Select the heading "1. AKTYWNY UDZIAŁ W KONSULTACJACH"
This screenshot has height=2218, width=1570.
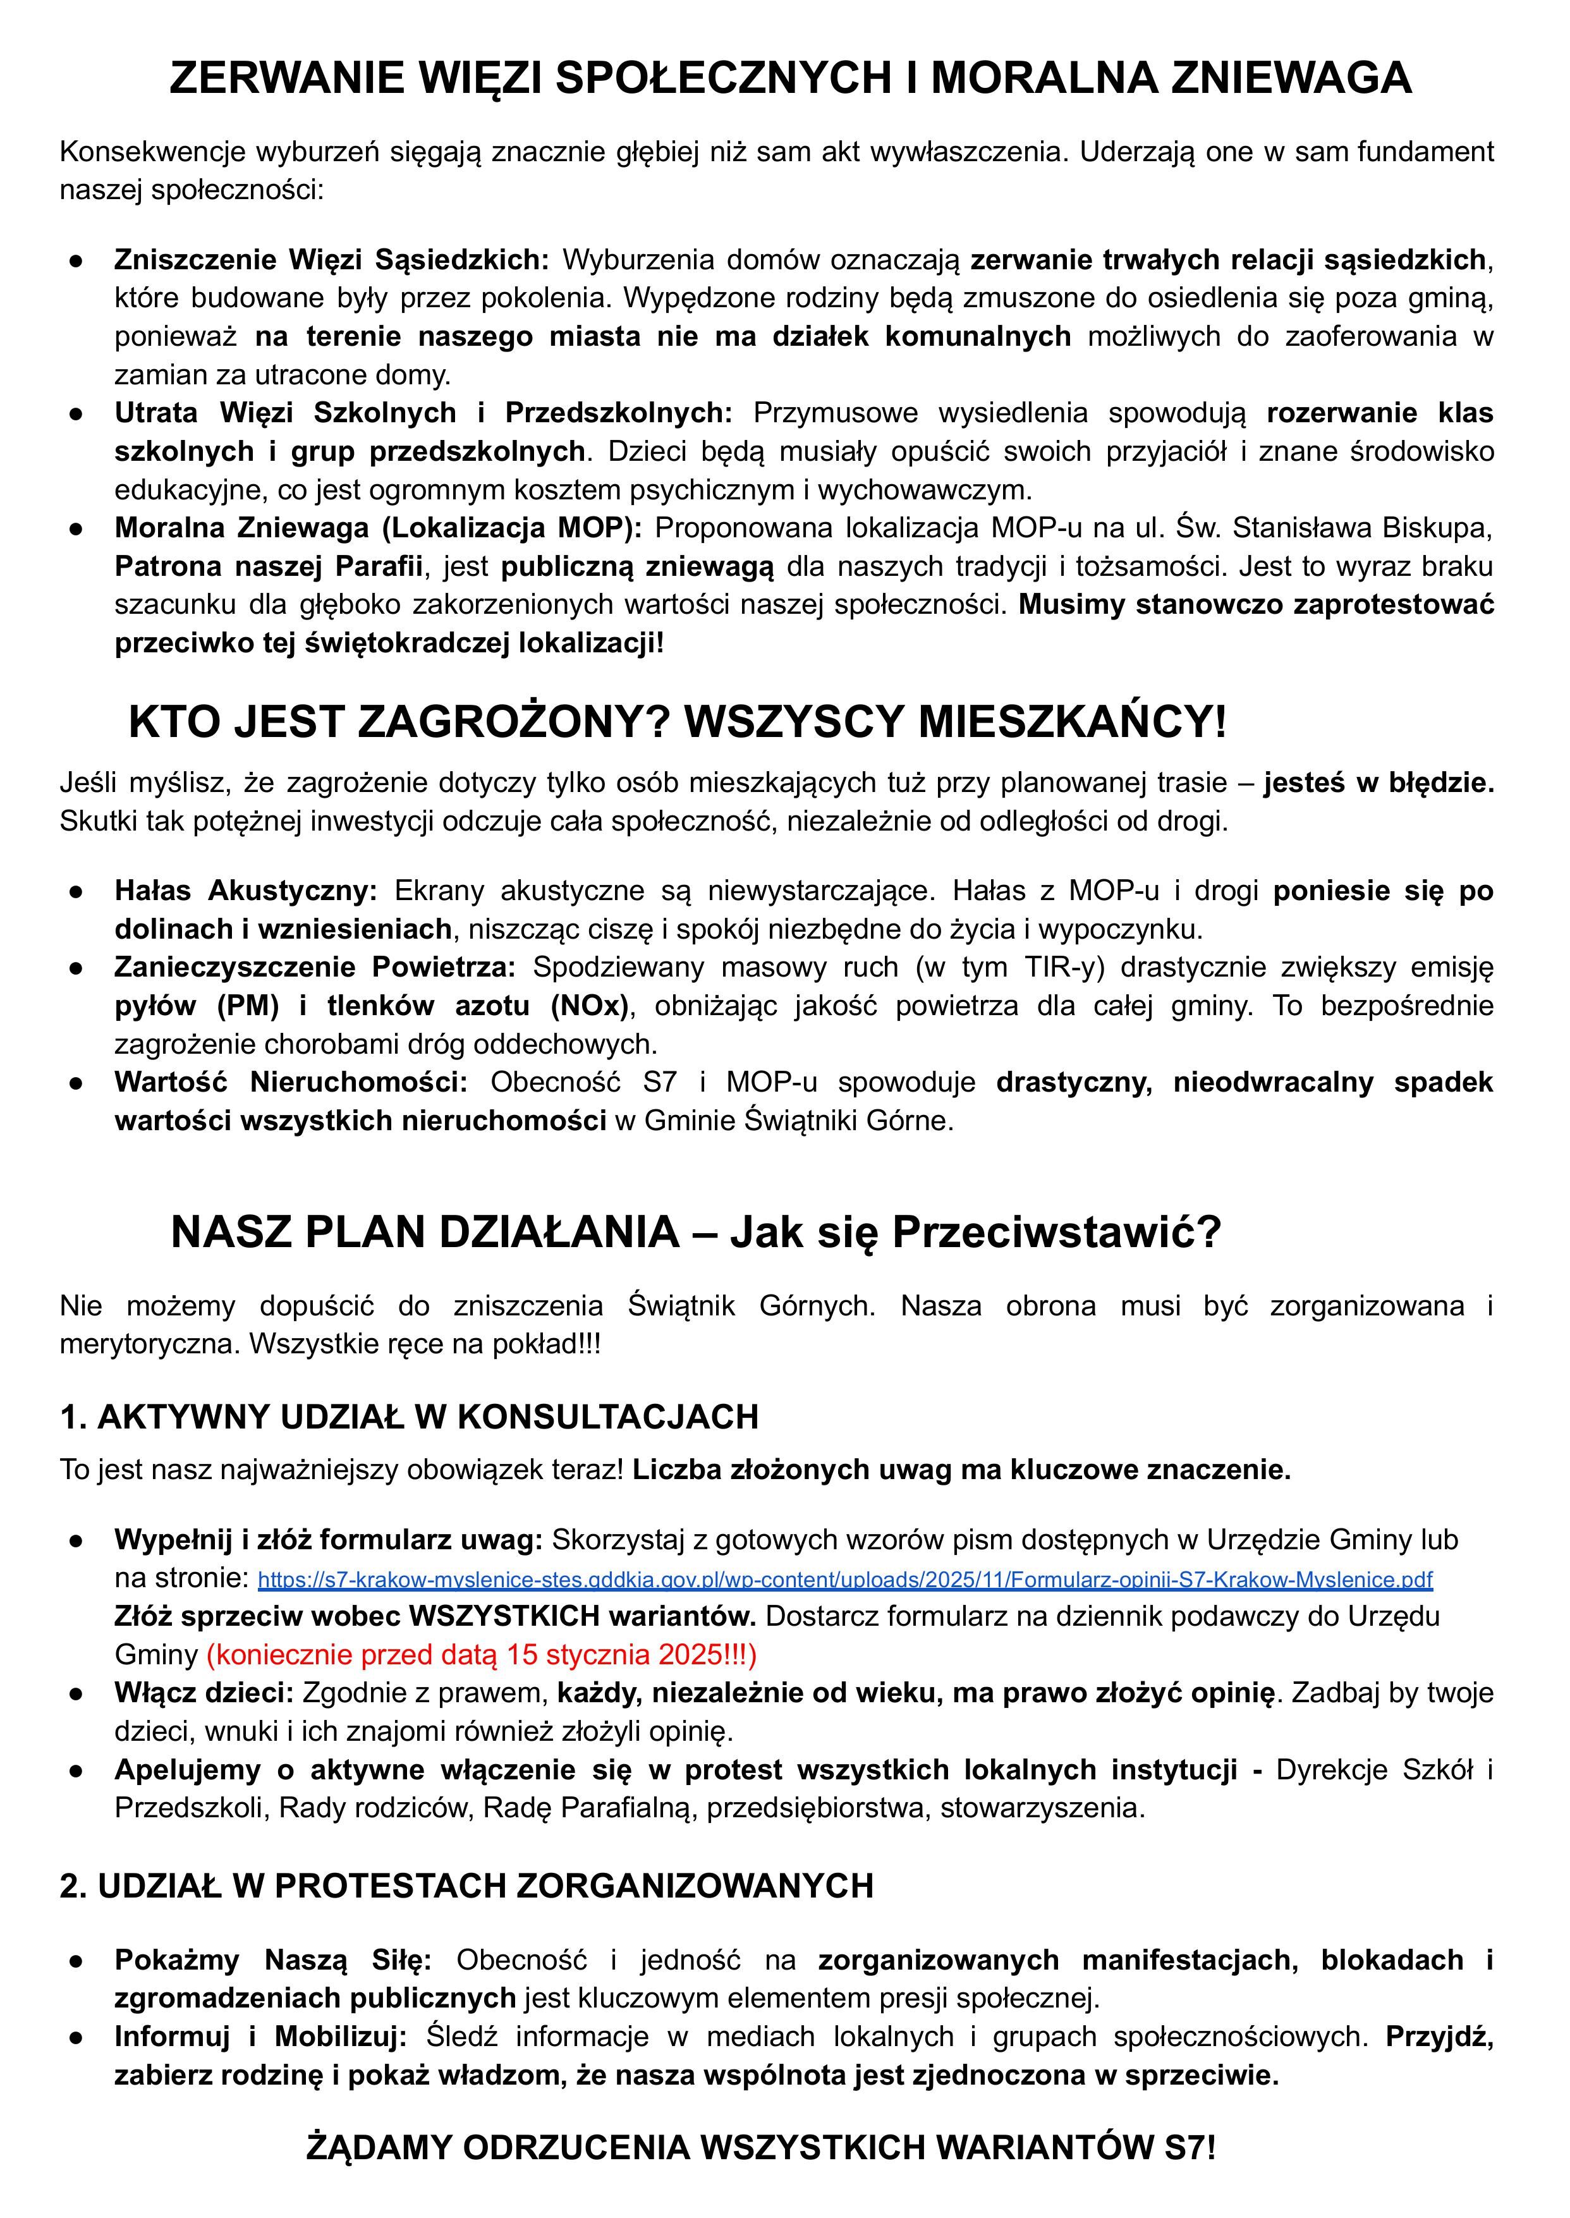tap(409, 1417)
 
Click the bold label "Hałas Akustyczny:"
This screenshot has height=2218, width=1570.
tap(246, 891)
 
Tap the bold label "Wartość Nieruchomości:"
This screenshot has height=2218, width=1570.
tap(291, 1082)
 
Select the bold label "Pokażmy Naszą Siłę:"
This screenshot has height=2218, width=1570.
tap(272, 1960)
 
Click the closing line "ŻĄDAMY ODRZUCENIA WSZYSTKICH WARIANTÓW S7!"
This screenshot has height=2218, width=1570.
tap(761, 2147)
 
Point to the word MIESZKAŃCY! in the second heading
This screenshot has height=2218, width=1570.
tap(1071, 722)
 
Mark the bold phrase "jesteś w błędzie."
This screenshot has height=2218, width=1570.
tap(1378, 782)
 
